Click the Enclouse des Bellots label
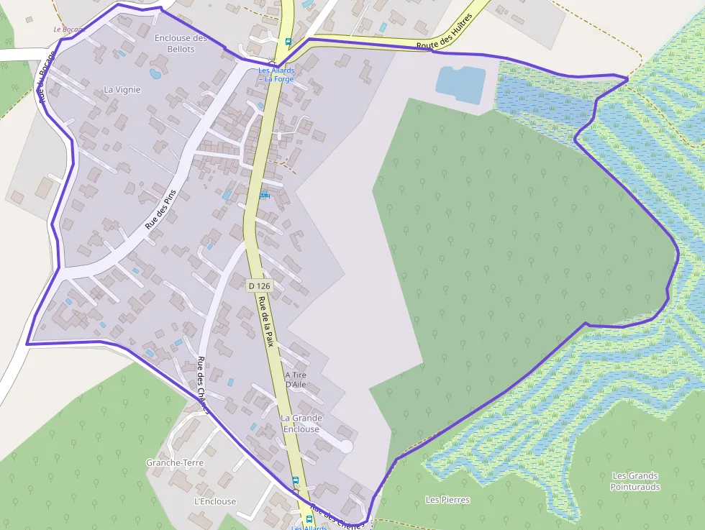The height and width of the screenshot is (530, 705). click(x=181, y=43)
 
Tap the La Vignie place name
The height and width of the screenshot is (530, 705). click(x=122, y=90)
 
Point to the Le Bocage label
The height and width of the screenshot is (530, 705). click(x=69, y=29)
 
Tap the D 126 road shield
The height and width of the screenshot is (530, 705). click(x=259, y=285)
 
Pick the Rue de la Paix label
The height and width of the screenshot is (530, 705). click(x=267, y=321)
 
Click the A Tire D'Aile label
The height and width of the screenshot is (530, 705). click(x=296, y=380)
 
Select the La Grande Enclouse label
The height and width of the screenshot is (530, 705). click(x=301, y=424)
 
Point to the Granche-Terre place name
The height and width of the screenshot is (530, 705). click(x=174, y=462)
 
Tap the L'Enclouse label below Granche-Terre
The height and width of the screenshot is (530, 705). click(x=214, y=501)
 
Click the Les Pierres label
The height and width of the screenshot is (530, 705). click(x=447, y=500)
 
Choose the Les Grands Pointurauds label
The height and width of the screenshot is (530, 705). click(x=635, y=481)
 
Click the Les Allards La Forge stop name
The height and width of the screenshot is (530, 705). click(x=276, y=75)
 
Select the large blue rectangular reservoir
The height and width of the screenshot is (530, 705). click(x=460, y=84)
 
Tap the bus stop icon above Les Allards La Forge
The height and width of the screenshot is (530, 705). click(x=288, y=42)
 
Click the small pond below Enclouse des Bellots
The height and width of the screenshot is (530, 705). click(x=155, y=73)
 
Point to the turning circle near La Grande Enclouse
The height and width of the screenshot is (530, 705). click(x=346, y=447)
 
